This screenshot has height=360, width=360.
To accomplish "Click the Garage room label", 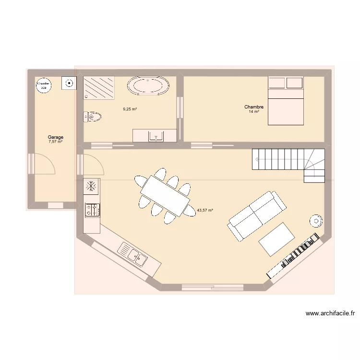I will pyautogui.click(x=56, y=137).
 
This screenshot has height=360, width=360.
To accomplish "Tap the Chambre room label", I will pyautogui.click(x=254, y=107).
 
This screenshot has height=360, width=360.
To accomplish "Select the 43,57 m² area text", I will pyautogui.click(x=205, y=210).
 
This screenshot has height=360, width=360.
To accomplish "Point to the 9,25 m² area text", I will pyautogui.click(x=130, y=109).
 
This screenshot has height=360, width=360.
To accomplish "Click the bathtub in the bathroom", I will pyautogui.click(x=148, y=86).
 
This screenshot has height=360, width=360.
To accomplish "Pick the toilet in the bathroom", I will pyautogui.click(x=93, y=117).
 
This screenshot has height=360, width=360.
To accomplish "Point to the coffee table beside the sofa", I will pyautogui.click(x=277, y=239).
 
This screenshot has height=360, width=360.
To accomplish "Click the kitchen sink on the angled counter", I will pyautogui.click(x=134, y=254).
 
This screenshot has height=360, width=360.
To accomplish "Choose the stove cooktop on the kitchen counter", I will pyautogui.click(x=92, y=209).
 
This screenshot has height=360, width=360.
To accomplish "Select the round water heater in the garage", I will pyautogui.click(x=44, y=85).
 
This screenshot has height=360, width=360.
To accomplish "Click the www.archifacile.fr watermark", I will pyautogui.click(x=330, y=314).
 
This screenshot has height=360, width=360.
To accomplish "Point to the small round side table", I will pyautogui.click(x=316, y=220).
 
